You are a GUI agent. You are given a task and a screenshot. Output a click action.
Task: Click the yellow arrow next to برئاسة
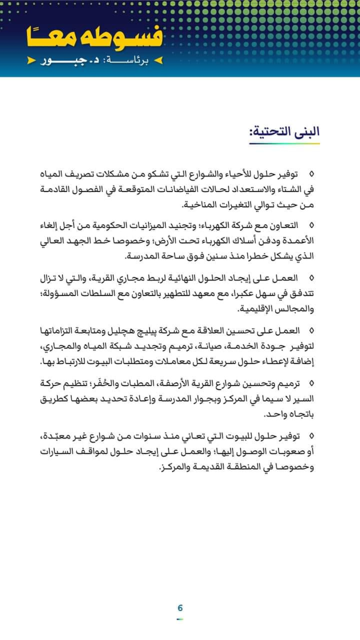[158, 61]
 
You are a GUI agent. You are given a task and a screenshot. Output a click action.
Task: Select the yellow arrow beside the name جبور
[32, 61]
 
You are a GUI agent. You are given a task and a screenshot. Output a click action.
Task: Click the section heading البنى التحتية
[284, 131]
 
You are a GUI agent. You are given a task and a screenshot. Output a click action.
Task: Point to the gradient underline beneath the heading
[284, 143]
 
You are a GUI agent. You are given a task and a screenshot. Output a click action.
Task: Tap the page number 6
[180, 608]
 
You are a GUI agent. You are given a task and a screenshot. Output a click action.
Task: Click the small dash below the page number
[180, 619]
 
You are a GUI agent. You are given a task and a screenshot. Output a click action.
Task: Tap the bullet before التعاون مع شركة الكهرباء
[311, 225]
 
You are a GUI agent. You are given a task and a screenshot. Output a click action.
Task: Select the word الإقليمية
[256, 309]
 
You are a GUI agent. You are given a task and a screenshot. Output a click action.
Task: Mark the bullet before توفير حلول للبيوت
[311, 436]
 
